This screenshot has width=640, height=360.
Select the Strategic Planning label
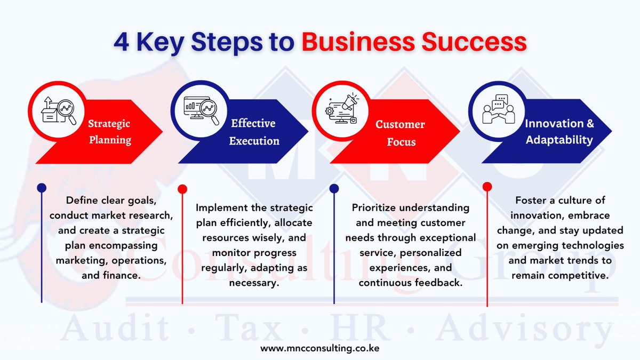109,132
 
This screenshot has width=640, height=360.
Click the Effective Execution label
254,132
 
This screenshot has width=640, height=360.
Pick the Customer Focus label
400,133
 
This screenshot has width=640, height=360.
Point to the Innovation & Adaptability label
559,132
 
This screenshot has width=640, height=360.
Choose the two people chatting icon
498,109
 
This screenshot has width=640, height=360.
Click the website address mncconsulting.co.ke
320,348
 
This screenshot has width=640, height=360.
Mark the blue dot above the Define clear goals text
42,188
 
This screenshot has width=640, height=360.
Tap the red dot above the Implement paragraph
182,189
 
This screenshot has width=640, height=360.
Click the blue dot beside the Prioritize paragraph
334,188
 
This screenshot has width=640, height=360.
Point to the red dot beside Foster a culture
487,187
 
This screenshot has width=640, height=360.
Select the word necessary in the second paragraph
254,283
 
